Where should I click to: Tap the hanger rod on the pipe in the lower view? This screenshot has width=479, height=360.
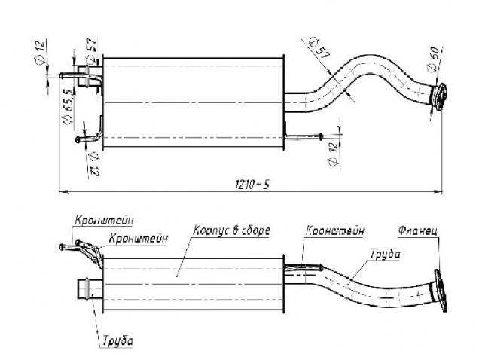click(x=304, y=264)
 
